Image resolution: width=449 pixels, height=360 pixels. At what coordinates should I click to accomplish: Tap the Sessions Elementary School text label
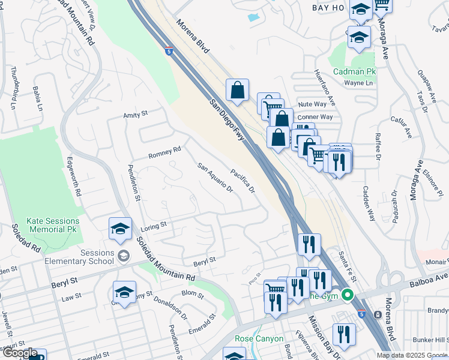(x=80, y=257)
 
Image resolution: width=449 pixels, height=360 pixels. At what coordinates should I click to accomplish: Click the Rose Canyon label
(x=259, y=339)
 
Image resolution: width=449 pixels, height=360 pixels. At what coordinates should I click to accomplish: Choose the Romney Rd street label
(x=164, y=153)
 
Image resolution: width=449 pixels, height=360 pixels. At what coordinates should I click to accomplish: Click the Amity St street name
(x=135, y=114)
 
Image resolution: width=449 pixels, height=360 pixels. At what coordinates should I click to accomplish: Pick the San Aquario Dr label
(x=215, y=178)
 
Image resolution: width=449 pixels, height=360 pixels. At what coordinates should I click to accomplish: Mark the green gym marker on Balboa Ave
(x=348, y=295)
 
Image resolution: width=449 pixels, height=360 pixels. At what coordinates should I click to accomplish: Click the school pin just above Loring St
(x=120, y=229)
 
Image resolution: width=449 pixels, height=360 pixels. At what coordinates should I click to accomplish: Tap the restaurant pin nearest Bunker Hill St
(x=343, y=335)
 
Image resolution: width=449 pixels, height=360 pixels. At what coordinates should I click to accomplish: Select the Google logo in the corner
(x=19, y=353)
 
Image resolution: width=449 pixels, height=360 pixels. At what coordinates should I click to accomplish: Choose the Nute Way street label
(x=312, y=104)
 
